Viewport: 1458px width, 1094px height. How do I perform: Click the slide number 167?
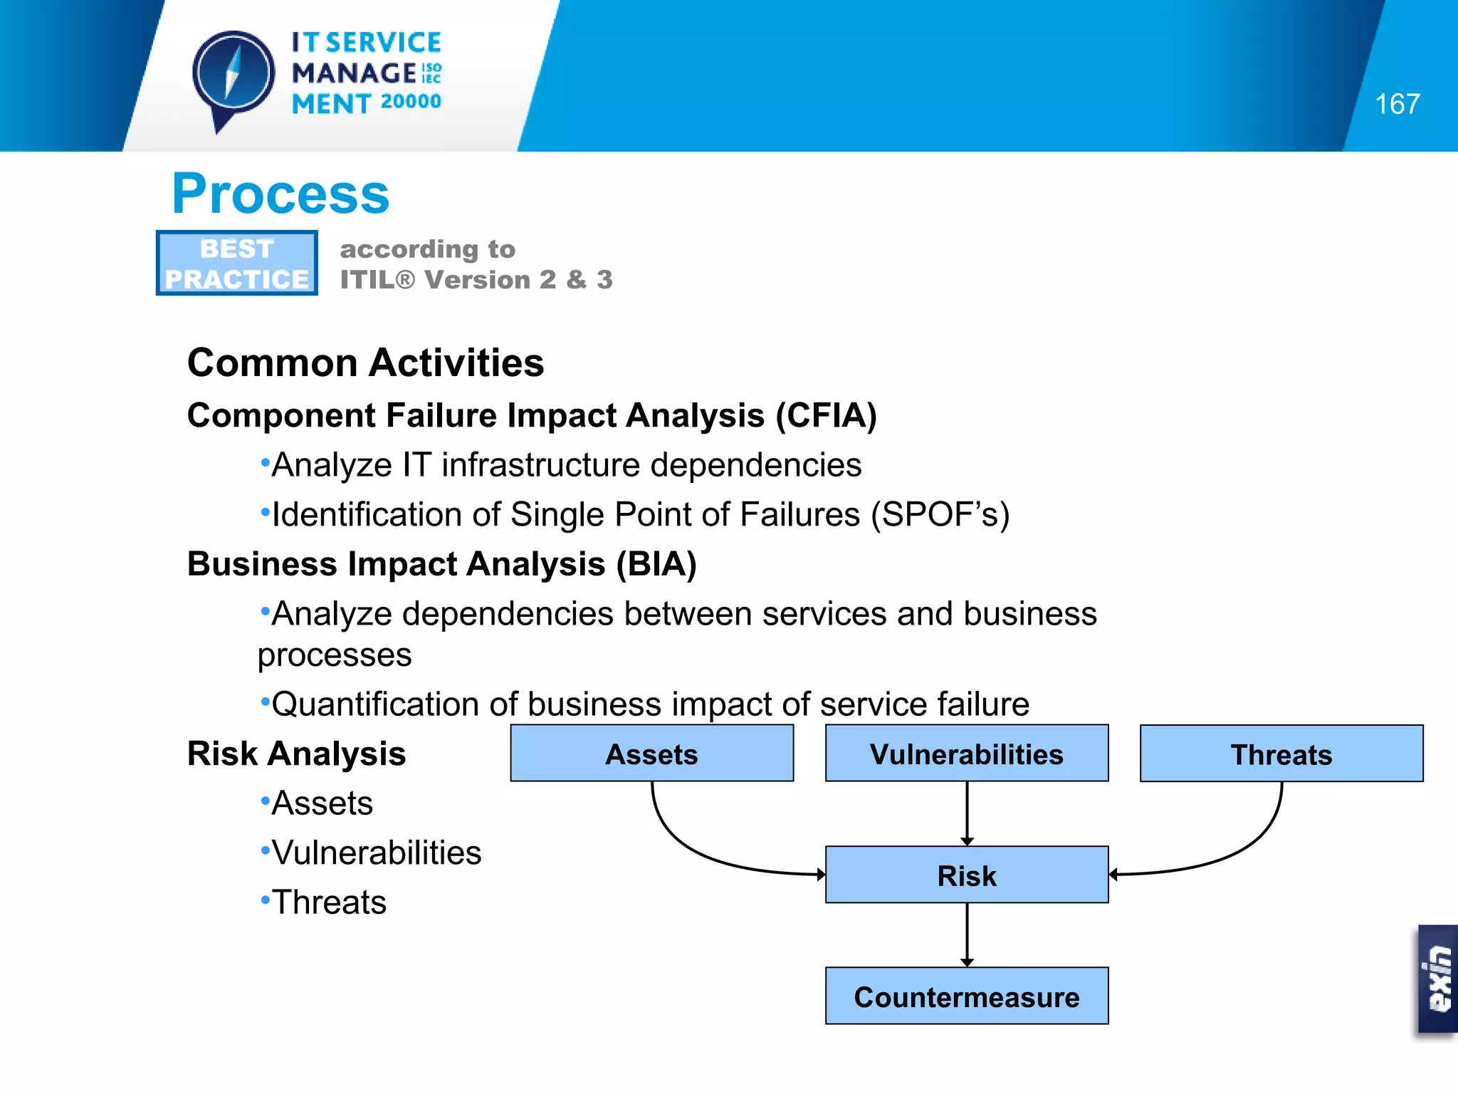1397,105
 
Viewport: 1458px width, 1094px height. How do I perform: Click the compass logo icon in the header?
233,75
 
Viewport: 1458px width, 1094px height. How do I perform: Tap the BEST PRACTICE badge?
236,263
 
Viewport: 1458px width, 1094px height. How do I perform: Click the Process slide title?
280,194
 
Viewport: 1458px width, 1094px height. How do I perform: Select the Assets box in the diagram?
651,754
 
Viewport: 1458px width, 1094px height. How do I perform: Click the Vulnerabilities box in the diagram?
966,754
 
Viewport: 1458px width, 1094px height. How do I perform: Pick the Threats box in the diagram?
1281,754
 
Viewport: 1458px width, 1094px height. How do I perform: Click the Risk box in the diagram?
966,875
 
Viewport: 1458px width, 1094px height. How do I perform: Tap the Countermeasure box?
966,996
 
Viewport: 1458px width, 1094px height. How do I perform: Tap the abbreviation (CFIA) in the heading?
826,415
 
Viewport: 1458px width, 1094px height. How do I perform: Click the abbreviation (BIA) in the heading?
656,564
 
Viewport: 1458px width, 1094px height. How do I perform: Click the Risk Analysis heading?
296,754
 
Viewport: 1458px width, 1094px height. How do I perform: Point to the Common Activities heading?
365,363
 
